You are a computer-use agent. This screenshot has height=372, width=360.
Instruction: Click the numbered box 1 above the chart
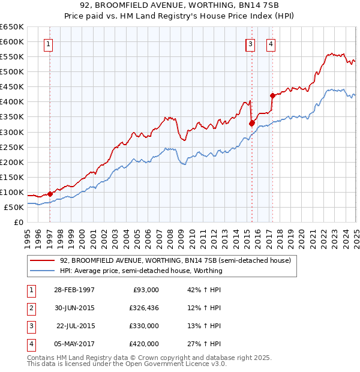coord(47,43)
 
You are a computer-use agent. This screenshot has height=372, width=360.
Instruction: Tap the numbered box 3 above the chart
coord(250,43)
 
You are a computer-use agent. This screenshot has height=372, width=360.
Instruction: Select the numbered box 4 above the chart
coord(271,43)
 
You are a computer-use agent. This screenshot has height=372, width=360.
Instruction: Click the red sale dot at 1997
coord(50,194)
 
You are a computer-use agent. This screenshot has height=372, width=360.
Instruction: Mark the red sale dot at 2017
coord(272,95)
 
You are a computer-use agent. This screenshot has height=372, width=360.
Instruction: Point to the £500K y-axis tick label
coord(12,72)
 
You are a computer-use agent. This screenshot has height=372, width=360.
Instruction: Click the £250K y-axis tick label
coord(12,147)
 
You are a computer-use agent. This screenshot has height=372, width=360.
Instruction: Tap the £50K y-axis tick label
coord(14,207)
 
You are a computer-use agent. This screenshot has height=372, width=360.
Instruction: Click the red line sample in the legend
coord(43,260)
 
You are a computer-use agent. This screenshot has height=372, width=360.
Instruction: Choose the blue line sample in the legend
coord(43,271)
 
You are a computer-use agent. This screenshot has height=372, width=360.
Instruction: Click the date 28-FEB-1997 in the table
coord(74,290)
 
